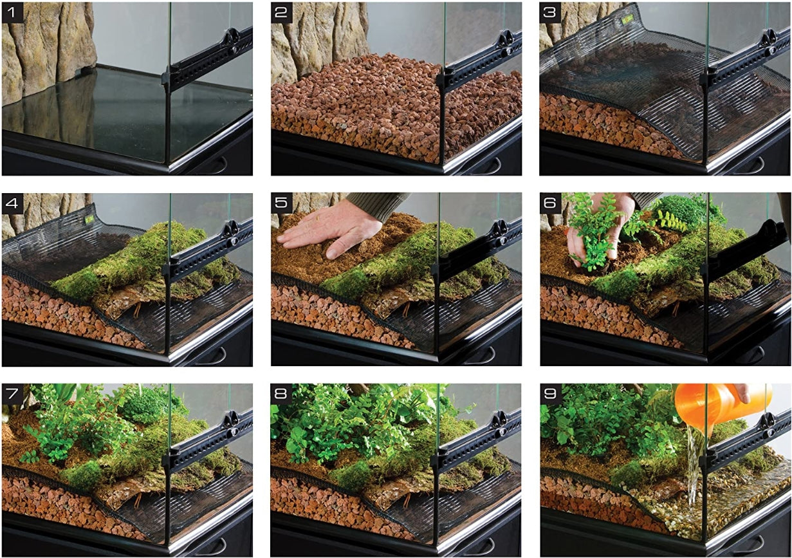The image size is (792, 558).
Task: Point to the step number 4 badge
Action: pos(13,204)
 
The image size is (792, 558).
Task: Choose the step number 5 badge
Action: pos(282,204)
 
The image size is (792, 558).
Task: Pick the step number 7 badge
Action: pos(13,395)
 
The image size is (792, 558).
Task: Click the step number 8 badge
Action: pos(282,395)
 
